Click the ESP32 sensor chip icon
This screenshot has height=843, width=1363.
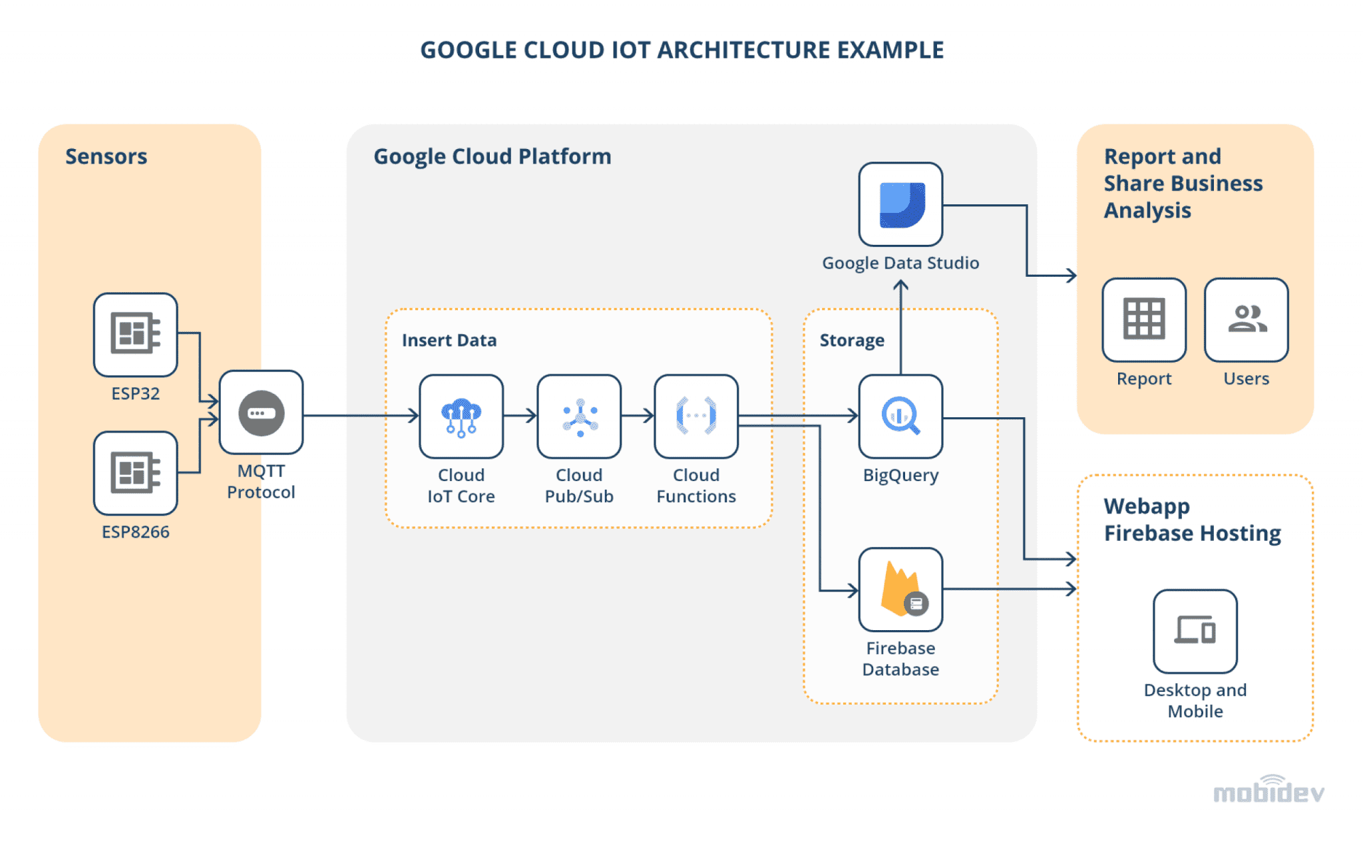point(135,333)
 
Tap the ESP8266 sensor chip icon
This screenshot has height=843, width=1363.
point(135,472)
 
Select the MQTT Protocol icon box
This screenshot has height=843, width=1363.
point(261,413)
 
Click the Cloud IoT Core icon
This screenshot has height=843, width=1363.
point(461,417)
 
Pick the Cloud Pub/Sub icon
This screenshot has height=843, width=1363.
point(579,417)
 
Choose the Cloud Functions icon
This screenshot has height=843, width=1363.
point(696,417)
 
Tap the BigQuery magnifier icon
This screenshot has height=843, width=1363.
point(900,417)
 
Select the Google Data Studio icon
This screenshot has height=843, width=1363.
point(900,204)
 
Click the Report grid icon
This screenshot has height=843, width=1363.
point(1143,319)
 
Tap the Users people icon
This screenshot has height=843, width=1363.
point(1246,319)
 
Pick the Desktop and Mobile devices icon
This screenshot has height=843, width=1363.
point(1195,631)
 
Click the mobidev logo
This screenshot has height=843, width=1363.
point(1268,790)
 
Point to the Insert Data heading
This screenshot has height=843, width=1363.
point(449,340)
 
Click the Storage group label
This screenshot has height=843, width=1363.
point(851,340)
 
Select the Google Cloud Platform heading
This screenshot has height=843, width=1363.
point(492,156)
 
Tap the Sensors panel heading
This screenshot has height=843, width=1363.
point(106,156)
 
